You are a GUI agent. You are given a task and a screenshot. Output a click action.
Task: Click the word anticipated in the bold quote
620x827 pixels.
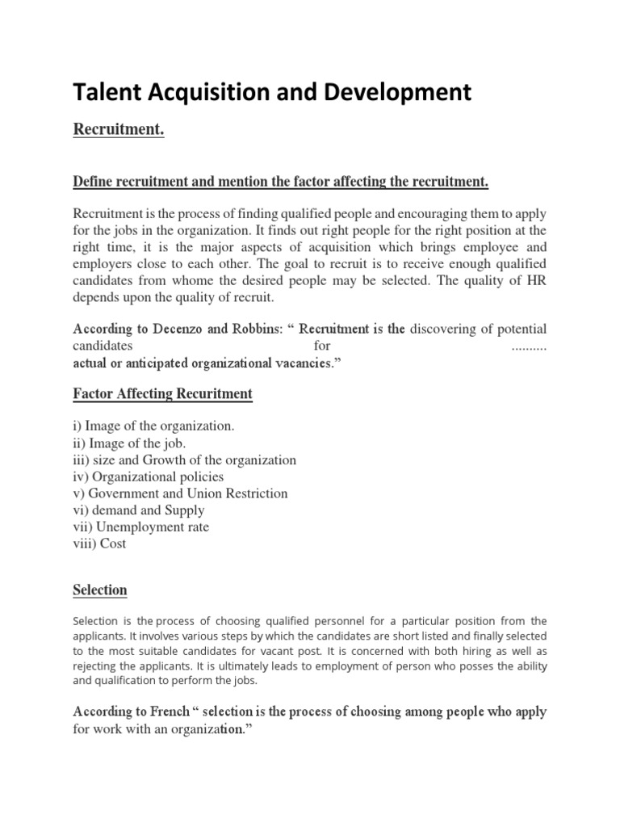(157, 363)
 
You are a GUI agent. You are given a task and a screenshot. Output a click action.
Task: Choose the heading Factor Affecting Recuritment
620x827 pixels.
(162, 394)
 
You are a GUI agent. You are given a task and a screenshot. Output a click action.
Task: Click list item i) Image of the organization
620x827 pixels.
(153, 426)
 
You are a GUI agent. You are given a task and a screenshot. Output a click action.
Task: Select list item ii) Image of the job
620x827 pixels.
(129, 443)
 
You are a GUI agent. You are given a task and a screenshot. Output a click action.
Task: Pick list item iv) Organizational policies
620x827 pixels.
(149, 476)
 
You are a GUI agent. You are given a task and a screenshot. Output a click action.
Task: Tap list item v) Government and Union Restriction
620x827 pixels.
(180, 493)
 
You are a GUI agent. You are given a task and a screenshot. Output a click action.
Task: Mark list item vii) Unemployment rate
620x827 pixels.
(140, 527)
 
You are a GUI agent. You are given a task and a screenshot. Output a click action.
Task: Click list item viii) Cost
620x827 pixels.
(99, 544)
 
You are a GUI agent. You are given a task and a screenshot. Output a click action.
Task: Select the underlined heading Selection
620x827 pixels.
(100, 590)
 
